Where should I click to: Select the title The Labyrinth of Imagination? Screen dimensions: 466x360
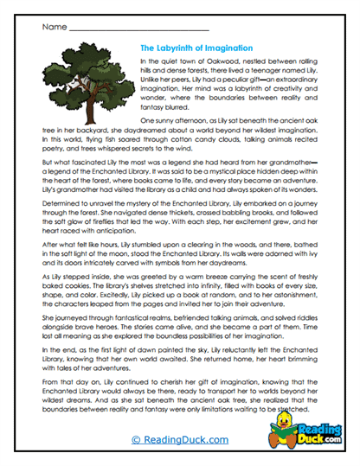click(x=196, y=48)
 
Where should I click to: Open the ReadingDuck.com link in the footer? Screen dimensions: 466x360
click(x=178, y=440)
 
